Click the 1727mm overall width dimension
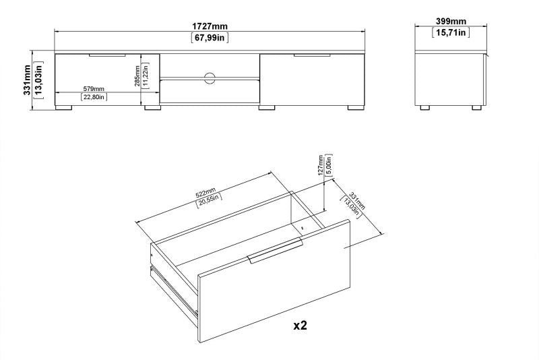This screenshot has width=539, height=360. pos(210,26)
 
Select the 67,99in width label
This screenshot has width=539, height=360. pos(210,37)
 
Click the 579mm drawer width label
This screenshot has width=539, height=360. pos(92,88)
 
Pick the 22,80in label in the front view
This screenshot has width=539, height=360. pos(92,97)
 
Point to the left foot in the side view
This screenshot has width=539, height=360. pos(425,107)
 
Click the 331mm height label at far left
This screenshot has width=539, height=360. pos(28,80)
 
